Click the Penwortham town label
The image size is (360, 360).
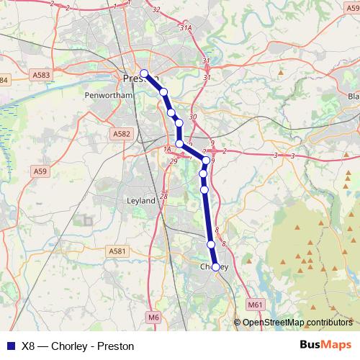pos(105,94)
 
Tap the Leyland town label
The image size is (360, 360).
pos(140,201)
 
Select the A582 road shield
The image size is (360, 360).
pos(120,133)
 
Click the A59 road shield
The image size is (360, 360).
pos(40,171)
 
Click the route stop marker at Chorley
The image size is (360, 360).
pos(215,266)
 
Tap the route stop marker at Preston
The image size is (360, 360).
pos(144,73)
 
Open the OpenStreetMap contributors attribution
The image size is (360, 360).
pos(297,322)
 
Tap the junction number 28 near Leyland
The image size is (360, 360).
pos(164,196)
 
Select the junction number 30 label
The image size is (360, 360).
pos(192,117)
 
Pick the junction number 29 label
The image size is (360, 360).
pos(173,161)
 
